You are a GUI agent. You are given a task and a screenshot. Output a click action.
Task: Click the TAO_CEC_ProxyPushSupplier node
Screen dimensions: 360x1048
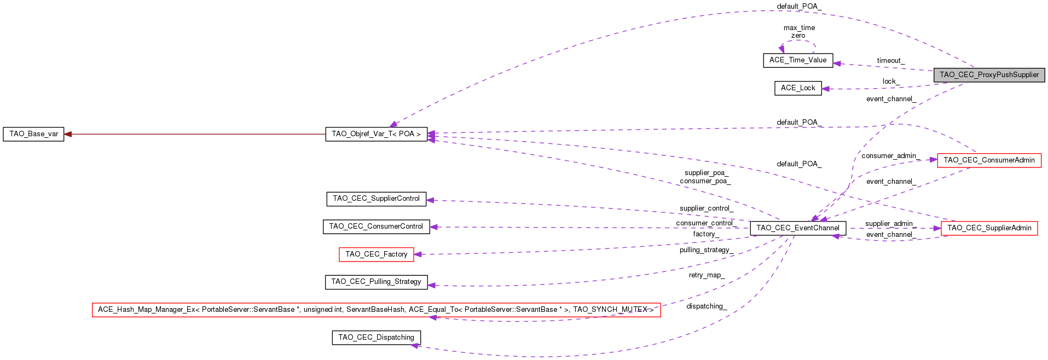989,75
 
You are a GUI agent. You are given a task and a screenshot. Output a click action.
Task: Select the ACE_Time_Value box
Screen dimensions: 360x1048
798,60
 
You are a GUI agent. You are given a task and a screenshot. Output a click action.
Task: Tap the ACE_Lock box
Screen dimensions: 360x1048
798,88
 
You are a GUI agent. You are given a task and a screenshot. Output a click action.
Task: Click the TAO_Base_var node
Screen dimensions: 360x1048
33,134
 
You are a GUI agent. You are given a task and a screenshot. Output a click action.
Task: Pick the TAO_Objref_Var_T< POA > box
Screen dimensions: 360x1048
376,134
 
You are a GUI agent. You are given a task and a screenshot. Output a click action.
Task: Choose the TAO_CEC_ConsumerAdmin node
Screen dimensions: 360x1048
989,160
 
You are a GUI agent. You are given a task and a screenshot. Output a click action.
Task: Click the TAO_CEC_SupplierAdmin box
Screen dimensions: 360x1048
989,228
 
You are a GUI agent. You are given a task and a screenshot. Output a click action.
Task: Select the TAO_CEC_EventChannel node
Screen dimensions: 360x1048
798,228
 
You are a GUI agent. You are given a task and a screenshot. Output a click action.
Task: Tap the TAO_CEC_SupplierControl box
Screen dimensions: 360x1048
376,199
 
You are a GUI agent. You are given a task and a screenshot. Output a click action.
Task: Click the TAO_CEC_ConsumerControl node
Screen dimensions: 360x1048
376,227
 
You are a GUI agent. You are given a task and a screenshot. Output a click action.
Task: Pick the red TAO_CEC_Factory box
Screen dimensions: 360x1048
376,254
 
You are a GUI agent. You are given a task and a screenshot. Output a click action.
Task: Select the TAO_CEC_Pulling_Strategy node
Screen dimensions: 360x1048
376,282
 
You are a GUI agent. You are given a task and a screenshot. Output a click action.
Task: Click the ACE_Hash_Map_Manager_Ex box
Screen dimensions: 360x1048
376,310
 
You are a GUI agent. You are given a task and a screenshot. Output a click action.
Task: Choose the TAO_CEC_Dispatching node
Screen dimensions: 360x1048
376,338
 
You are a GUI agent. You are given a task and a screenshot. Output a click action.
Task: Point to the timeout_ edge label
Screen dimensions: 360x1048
890,61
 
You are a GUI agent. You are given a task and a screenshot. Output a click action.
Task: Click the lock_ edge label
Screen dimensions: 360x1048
890,82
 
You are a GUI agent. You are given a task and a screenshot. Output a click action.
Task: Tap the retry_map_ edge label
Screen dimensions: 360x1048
707,275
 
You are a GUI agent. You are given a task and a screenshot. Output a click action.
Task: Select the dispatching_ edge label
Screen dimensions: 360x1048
707,306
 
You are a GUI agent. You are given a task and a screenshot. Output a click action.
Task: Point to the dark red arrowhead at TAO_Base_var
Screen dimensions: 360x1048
68,134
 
